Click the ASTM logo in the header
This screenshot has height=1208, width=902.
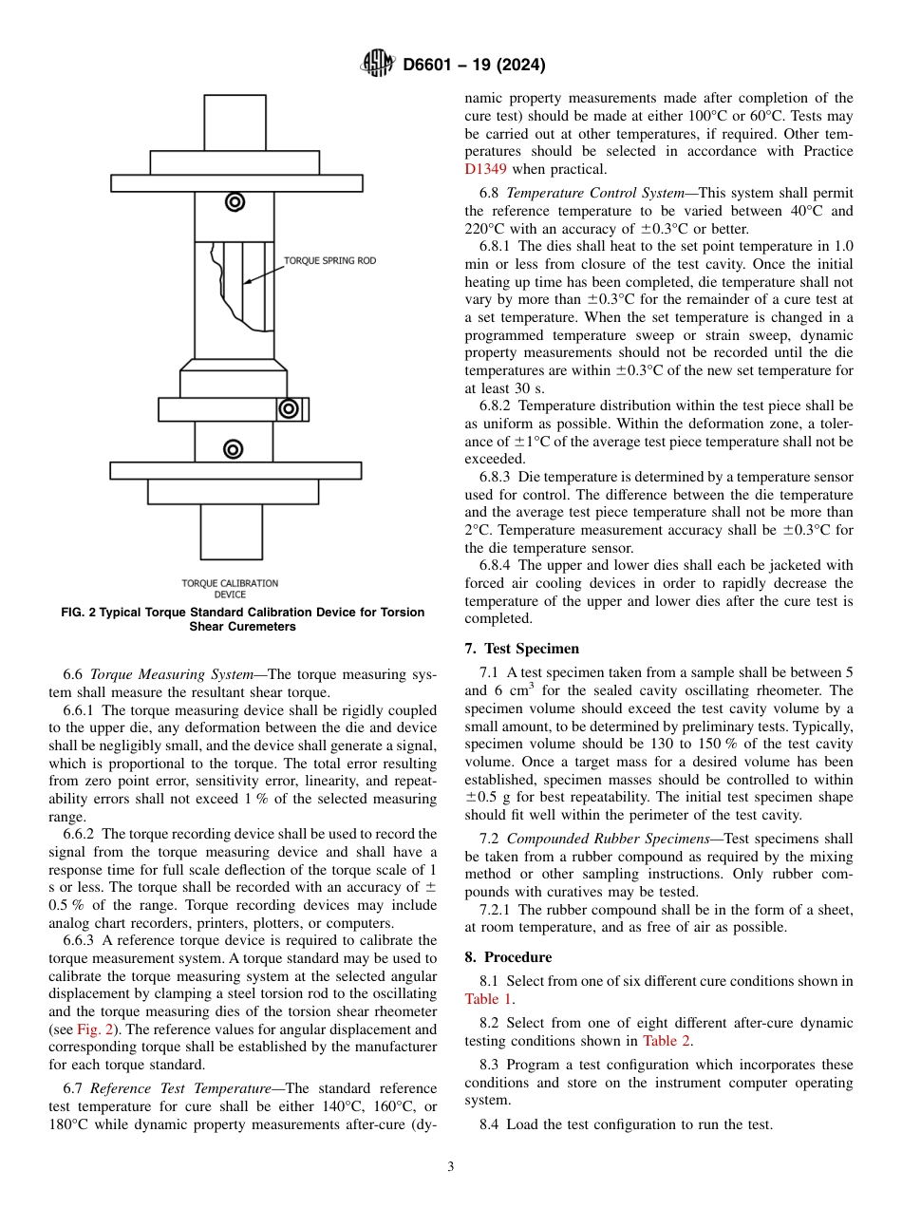378,65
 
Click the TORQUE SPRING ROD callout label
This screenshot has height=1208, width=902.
329,260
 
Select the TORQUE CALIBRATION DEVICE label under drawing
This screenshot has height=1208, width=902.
230,589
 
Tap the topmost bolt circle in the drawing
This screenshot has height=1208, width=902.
235,201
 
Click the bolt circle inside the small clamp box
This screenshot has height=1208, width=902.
288,408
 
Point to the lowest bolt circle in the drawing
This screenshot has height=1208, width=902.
234,448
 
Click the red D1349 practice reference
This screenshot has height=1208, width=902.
485,169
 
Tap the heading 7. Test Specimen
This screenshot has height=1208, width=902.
521,649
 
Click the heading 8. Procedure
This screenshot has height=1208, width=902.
508,957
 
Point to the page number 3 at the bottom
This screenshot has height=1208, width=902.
451,1167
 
